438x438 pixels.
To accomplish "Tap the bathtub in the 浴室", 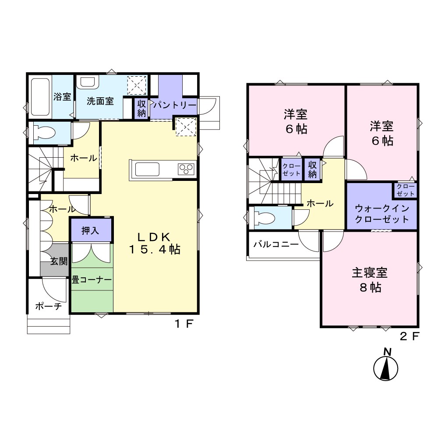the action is coord(40,97).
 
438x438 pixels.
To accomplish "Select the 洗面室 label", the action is coord(100,101).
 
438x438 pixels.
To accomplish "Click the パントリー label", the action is coord(175,105).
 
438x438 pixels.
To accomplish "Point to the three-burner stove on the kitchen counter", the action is coord(186,169).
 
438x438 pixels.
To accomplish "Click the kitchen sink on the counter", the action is coord(147,169).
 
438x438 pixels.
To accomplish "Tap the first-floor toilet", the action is coord(43,132).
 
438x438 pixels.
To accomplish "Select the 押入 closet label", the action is coord(90,230).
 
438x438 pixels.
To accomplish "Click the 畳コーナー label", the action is coord(92,279).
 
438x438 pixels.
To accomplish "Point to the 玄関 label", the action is coord(59,261).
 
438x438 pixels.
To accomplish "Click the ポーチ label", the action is coord(48,306).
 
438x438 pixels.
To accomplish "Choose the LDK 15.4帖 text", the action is coord(155,243).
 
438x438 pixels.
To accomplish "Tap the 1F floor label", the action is coord(184,324).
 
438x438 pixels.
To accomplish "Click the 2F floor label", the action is coord(410,336).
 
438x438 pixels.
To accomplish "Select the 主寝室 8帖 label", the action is coord(370,280).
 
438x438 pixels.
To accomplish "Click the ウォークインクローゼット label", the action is coord(382,213).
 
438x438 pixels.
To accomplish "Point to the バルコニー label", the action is coord(276,244).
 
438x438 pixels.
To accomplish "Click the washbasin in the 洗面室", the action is coord(88,81).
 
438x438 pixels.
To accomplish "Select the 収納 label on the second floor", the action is coord(312,169).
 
